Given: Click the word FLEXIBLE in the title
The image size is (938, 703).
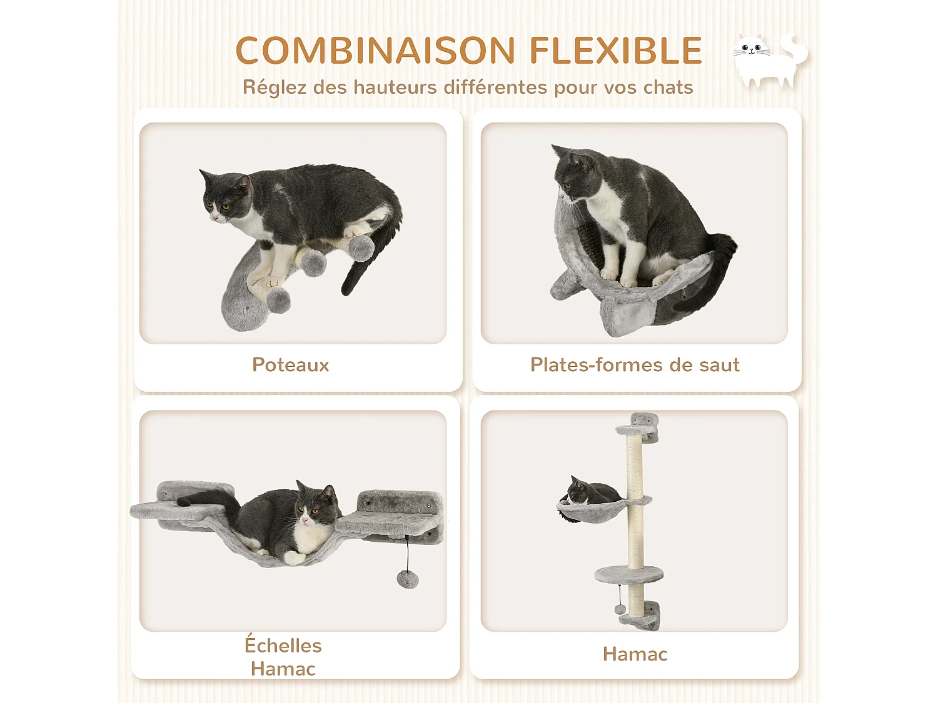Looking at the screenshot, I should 616,51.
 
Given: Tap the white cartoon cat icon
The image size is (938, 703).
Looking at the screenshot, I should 769,60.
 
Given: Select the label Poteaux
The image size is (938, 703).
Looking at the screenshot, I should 290,365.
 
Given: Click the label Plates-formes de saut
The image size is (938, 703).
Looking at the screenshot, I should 635,365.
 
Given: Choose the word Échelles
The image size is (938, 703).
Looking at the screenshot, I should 283,646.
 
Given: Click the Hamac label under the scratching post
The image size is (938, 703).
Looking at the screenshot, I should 635,654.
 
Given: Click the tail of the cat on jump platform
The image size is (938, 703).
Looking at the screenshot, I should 719,262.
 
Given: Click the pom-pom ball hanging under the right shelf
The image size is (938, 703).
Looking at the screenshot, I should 408,579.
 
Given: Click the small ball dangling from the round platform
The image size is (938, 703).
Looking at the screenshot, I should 620,609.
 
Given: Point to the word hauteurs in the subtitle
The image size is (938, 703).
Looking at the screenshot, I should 395,87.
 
